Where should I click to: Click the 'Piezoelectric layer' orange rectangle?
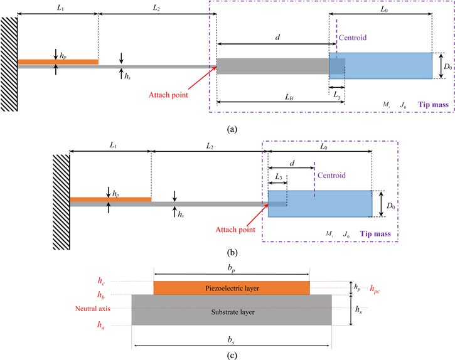click(x=232, y=288)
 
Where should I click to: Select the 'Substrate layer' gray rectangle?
click(x=232, y=310)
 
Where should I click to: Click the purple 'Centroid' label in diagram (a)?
click(x=352, y=38)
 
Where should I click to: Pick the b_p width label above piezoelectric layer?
click(x=232, y=268)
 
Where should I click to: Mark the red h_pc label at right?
click(x=378, y=288)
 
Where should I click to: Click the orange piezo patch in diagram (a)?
click(x=58, y=61)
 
